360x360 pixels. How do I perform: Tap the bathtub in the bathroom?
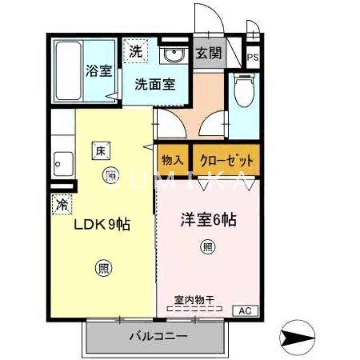point(68,71)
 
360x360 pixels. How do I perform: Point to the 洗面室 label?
point(155,84)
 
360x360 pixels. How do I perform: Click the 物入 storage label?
point(172,160)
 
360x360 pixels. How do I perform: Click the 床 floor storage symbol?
point(100,151)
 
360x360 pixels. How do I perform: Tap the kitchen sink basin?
point(63,164)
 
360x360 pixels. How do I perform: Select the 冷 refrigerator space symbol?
point(62,205)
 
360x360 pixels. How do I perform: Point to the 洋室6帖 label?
point(208,220)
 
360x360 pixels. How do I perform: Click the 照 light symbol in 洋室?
point(208,247)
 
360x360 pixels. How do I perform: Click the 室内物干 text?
point(194,299)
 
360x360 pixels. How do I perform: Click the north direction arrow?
point(297,335)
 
